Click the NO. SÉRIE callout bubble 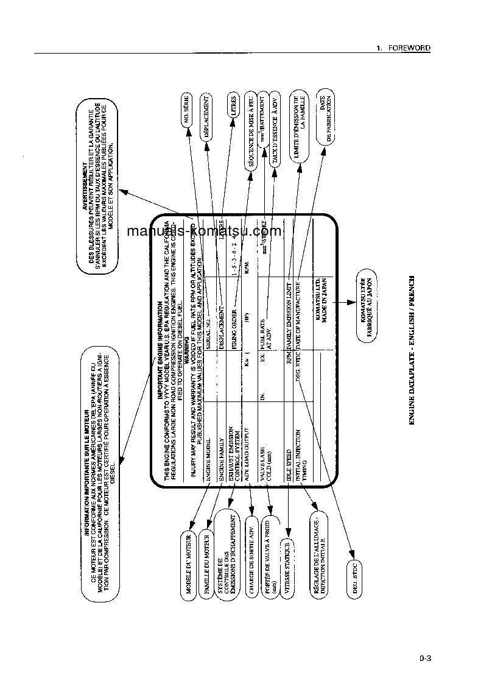tap(186, 111)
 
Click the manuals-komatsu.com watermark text tap(205, 231)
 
